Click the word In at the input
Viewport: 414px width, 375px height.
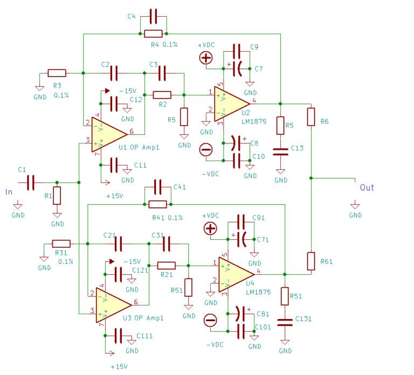tap(9, 191)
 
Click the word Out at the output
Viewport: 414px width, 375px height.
tap(367, 188)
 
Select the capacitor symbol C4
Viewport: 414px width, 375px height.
tap(154, 17)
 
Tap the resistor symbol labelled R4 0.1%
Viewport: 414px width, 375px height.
tap(154, 33)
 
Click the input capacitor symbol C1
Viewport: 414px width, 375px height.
tap(30, 183)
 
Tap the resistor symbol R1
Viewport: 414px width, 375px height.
tap(57, 196)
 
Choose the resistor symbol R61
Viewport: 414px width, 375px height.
tap(310, 261)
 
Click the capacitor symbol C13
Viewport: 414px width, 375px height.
tap(281, 152)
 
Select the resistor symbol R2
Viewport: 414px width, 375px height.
tap(162, 95)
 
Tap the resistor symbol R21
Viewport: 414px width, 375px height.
tap(166, 265)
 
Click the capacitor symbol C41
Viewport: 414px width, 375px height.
tap(158, 187)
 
